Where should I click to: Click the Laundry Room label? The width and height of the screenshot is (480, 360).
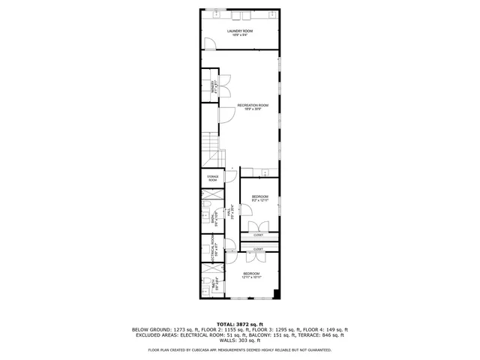click(x=240, y=32)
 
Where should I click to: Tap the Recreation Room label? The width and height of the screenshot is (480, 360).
click(x=253, y=107)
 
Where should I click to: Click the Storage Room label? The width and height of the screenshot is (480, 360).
click(x=213, y=179)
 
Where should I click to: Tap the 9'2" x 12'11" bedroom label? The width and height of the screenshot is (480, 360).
click(x=259, y=199)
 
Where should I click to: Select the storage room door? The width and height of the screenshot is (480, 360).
click(x=231, y=176)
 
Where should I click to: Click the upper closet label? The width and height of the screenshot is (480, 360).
click(x=258, y=235)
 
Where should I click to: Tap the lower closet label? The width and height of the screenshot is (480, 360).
click(x=258, y=249)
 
